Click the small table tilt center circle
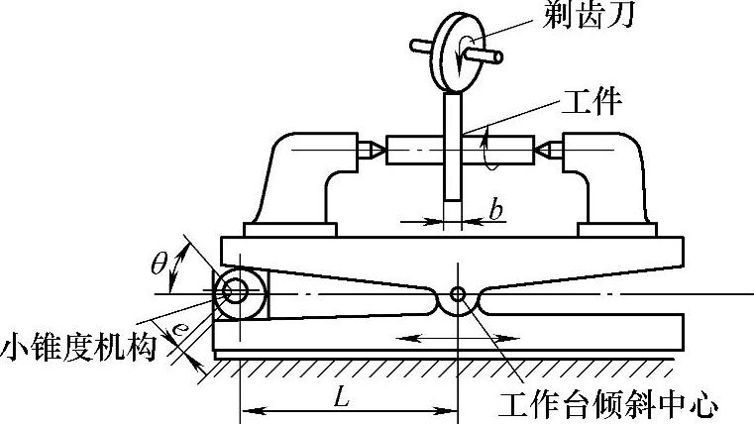pos(457,294)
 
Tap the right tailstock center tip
pos(544,151)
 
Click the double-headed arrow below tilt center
pos(452,339)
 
